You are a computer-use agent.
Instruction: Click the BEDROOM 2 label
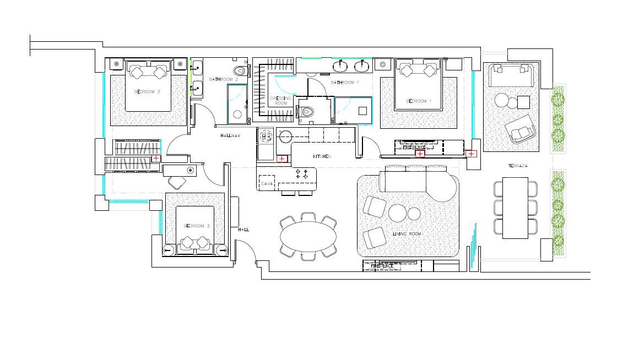147,92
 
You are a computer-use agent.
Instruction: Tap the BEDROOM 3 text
197,226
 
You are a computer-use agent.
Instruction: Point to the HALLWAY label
230,135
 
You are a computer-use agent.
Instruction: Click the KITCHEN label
322,157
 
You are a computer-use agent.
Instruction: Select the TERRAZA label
518,166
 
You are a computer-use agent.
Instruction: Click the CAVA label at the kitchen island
268,183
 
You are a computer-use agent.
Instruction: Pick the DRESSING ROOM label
281,101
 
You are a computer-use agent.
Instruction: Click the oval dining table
308,237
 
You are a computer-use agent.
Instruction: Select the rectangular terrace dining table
515,208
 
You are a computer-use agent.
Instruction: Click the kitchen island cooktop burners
302,174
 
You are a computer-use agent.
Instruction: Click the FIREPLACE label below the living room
382,266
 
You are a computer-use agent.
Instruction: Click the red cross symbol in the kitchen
282,159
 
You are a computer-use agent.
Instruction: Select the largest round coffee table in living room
397,212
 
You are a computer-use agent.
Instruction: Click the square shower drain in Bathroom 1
362,110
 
